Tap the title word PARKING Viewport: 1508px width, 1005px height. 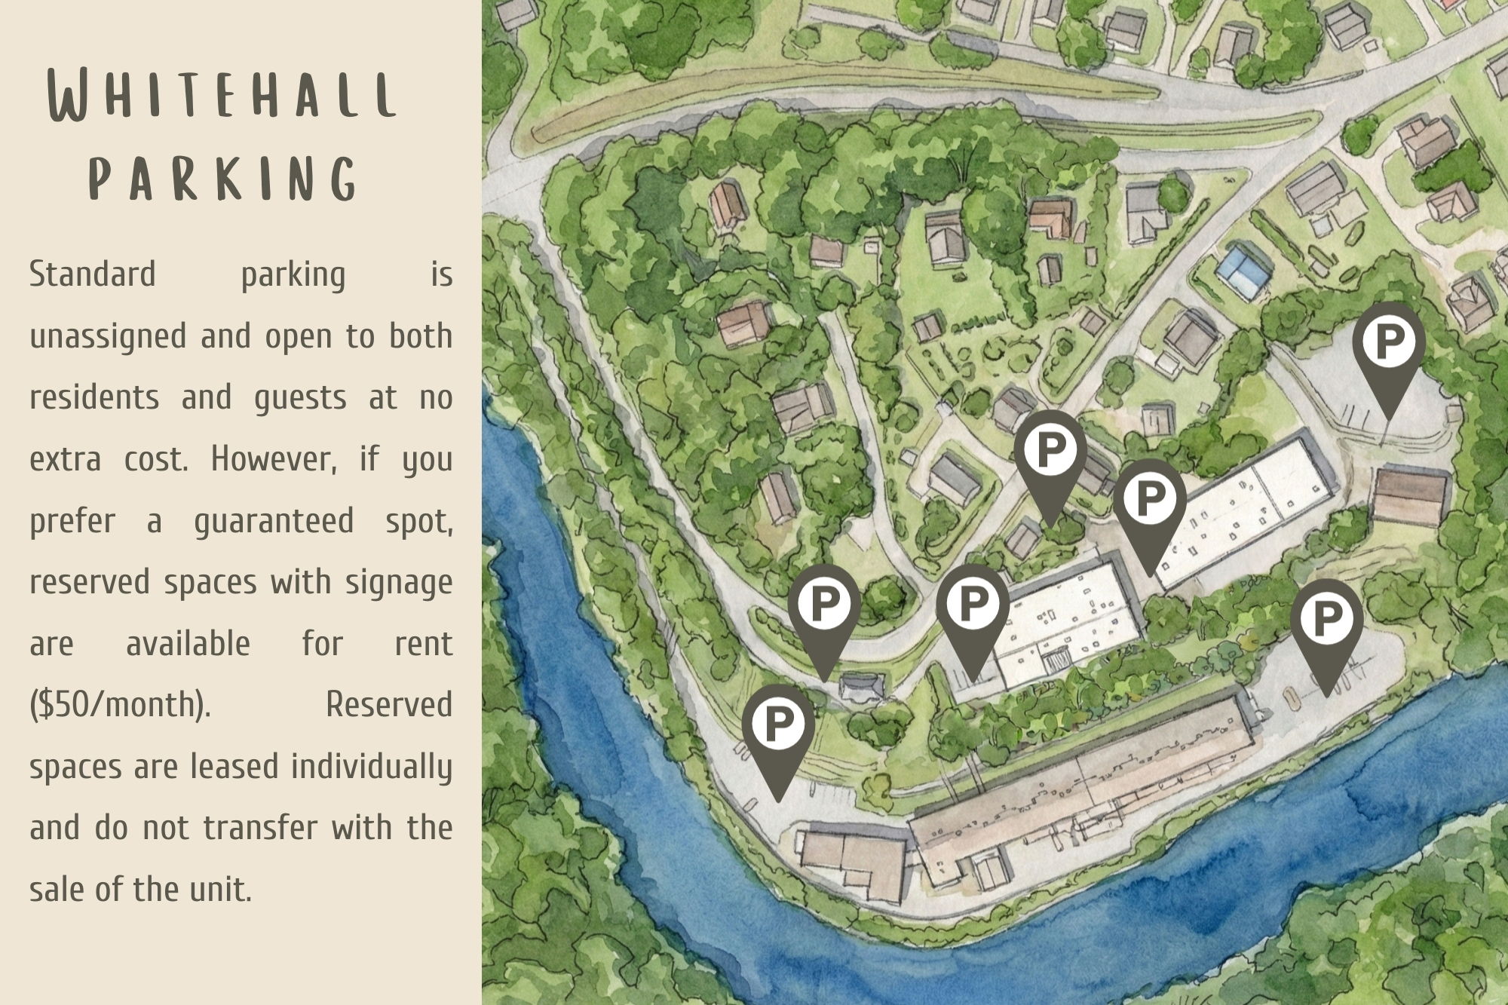(223, 179)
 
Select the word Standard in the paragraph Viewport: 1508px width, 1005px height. (92, 274)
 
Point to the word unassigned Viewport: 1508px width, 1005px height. (107, 336)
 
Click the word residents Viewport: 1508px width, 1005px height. (94, 397)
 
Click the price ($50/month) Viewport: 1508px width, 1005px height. (120, 705)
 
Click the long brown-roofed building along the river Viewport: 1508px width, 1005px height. (1078, 784)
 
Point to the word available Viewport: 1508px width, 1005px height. (188, 644)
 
